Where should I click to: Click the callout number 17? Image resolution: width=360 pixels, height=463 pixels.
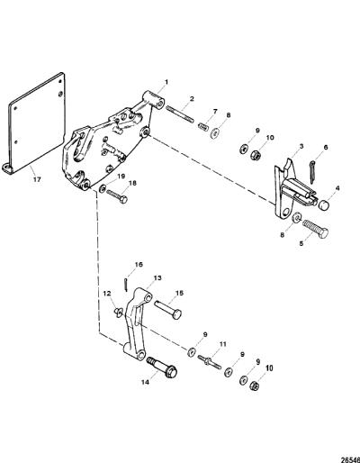tap(37, 180)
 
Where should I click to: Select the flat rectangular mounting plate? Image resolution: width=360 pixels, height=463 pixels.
tap(36, 123)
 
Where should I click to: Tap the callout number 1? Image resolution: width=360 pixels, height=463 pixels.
tap(166, 82)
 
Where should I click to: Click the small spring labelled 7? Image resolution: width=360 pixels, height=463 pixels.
tap(203, 126)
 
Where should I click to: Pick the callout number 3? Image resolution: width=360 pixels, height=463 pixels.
tap(301, 147)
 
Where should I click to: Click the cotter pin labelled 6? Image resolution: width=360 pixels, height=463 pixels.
tap(311, 172)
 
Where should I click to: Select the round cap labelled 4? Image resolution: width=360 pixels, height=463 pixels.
tap(323, 205)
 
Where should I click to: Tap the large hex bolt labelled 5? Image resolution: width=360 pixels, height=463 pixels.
tap(315, 228)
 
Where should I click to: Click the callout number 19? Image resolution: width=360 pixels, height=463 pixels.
tap(121, 177)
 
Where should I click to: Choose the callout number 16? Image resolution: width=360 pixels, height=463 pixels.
tap(139, 265)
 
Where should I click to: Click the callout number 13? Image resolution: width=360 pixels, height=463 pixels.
tap(157, 278)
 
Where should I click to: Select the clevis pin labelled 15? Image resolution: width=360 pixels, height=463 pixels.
tap(168, 310)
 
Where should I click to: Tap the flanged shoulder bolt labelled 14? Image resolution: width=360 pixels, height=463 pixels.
tap(162, 367)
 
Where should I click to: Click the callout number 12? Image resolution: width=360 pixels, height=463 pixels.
tap(107, 293)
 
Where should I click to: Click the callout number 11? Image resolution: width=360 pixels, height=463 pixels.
tap(222, 344)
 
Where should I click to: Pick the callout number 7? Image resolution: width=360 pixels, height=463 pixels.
tap(215, 112)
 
